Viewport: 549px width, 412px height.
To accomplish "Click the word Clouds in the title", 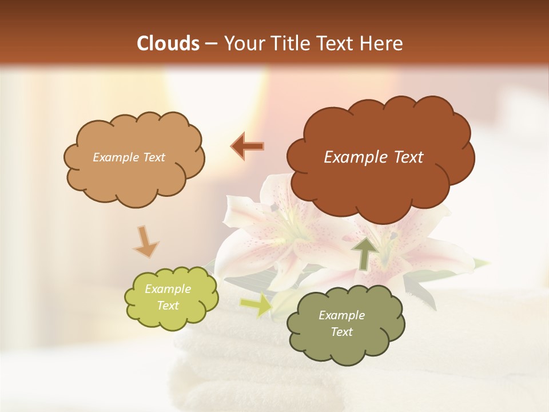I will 168,43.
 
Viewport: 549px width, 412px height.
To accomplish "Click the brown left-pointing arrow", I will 248,146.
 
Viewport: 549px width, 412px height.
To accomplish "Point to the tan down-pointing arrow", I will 146,241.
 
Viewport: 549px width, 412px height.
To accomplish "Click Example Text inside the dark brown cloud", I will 373,157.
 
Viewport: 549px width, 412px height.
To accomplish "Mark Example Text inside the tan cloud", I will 129,157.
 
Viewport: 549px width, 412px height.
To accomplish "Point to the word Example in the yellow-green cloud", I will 168,289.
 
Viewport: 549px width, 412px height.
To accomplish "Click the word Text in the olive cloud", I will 341,332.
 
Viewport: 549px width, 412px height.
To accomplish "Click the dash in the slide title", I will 211,43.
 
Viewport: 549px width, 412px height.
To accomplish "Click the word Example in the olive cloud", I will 341,315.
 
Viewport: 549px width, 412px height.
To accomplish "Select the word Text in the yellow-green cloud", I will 168,306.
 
